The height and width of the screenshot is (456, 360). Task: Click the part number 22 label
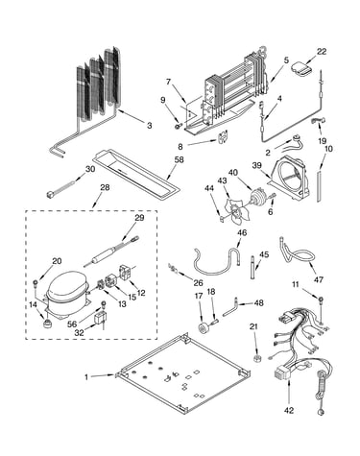[322, 51]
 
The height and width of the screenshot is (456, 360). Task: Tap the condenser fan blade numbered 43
[234, 209]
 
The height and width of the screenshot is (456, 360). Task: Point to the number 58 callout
[180, 159]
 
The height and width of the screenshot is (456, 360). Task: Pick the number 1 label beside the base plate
[86, 377]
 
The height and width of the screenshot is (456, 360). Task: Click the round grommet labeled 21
[256, 357]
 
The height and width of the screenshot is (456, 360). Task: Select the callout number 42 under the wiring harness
[289, 410]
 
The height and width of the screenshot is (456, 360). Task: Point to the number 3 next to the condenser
[150, 125]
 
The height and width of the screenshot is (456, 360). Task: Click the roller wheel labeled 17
[204, 328]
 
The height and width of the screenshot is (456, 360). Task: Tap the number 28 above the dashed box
[105, 187]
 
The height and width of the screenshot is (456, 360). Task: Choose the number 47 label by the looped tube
[318, 279]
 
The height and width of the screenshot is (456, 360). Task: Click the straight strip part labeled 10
[319, 186]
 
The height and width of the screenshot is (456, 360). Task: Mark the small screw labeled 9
[179, 127]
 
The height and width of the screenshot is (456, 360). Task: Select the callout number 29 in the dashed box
[139, 218]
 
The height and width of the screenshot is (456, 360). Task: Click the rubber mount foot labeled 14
[48, 324]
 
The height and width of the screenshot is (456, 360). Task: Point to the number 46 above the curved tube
[242, 232]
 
